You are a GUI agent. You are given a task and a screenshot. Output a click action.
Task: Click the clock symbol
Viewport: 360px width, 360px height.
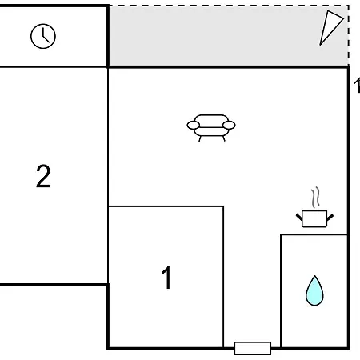pos(43,36)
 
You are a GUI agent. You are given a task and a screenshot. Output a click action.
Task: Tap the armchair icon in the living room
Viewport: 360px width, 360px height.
pos(211,128)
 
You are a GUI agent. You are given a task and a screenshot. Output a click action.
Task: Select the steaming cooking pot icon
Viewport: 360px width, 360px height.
pos(314,207)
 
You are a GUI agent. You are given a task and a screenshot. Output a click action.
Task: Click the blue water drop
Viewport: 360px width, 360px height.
pos(314,290)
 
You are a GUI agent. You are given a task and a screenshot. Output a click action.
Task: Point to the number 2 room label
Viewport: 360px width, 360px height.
pos(43,176)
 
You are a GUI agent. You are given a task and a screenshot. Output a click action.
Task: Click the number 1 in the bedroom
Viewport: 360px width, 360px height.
pos(166,278)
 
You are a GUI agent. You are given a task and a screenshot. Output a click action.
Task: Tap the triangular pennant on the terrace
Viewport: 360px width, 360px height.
pos(331,28)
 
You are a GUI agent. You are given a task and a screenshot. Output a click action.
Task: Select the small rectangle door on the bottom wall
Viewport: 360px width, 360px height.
pos(253,348)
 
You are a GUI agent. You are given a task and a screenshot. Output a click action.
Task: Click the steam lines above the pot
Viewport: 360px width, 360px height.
pos(315,198)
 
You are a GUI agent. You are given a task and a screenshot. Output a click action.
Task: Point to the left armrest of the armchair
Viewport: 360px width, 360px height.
pos(194,125)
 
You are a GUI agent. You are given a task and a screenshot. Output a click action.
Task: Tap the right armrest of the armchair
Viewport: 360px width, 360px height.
pos(229,125)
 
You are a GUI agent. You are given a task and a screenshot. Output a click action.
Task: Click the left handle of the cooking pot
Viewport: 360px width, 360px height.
pos(299,217)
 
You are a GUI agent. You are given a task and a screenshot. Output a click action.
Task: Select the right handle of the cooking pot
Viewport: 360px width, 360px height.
pos(330,217)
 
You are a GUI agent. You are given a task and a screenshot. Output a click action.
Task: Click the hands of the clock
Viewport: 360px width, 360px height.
pos(46,36)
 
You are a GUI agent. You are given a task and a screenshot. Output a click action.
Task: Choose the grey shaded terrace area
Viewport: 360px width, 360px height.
pos(214,36)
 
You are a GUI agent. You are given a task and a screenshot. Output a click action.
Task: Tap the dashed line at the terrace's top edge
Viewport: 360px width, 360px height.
pos(229,6)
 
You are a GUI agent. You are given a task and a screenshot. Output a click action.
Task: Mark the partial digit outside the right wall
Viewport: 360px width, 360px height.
pos(357,86)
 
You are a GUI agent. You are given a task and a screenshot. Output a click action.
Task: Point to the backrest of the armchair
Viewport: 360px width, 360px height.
pos(211,119)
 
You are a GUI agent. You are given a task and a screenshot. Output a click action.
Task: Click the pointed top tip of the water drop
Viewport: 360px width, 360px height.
pos(315,276)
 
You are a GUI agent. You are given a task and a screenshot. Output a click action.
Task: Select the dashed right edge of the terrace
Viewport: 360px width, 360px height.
pos(348,35)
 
